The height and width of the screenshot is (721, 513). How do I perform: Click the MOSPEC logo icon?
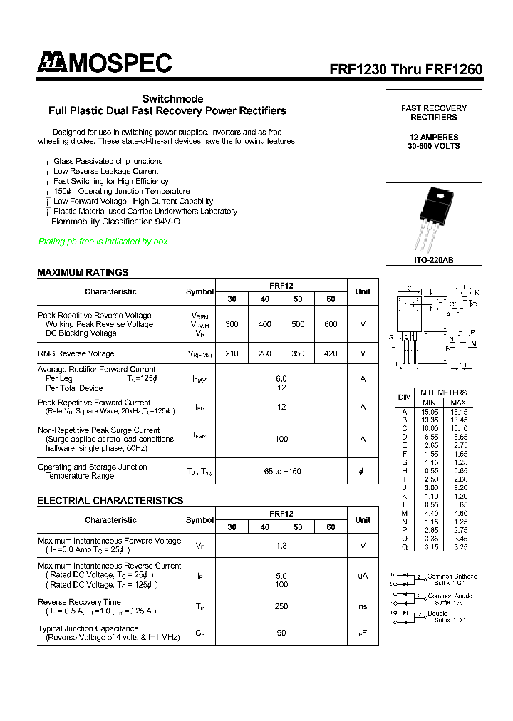pos(52,63)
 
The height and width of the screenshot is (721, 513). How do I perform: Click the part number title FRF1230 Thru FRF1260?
pos(405,69)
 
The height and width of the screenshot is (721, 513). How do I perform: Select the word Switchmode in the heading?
pos(172,98)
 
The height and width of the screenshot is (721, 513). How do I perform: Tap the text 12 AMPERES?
pos(434,137)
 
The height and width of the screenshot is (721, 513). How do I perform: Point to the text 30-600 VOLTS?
pos(434,146)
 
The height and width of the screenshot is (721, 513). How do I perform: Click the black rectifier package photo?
pos(433,219)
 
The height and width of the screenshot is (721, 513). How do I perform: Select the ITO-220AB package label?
pos(433,261)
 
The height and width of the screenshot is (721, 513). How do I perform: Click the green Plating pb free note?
pos(103,242)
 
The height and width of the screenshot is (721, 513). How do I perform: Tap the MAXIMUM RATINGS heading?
pos(83,272)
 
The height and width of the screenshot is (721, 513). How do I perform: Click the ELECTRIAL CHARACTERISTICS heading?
pos(110,501)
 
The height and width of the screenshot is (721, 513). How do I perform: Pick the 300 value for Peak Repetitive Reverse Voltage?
pos(232,324)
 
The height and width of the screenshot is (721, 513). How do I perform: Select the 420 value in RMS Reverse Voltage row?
pos(331,353)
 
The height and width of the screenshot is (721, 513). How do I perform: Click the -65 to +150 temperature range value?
pos(281,472)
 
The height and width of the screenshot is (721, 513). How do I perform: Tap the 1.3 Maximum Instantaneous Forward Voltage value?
pos(281,546)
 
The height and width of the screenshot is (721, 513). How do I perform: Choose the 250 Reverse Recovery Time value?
pos(281,606)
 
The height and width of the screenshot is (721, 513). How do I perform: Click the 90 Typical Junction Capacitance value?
pos(281,633)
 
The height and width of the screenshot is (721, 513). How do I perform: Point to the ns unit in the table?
pos(363,606)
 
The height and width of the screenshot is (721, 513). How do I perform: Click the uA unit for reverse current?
pos(363,576)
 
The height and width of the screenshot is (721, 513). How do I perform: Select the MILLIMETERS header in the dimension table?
pos(443,393)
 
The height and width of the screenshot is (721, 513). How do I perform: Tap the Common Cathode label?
pos(452,576)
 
